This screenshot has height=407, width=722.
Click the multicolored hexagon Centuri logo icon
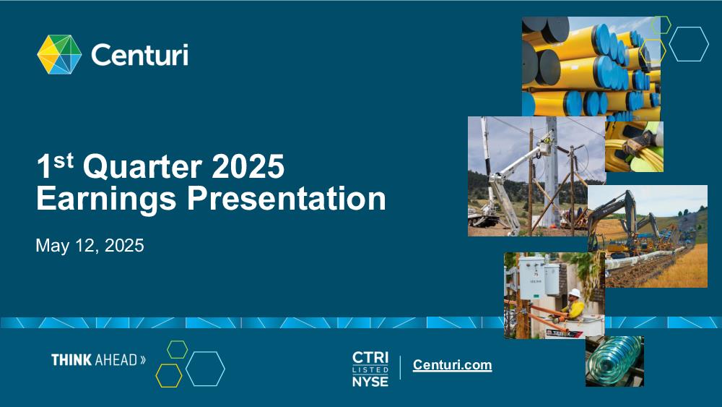click(x=59, y=54)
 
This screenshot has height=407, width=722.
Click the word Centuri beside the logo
click(x=139, y=55)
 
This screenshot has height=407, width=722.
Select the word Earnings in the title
click(x=106, y=199)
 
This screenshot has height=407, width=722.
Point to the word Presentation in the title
click(x=287, y=199)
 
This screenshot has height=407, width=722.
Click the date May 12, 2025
click(x=90, y=246)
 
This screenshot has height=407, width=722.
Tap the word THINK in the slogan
click(x=71, y=360)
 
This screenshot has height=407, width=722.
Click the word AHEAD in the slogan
click(x=116, y=360)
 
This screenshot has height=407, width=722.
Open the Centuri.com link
click(x=452, y=365)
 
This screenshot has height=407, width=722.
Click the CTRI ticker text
click(x=370, y=358)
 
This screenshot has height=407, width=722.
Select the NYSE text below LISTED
click(x=370, y=382)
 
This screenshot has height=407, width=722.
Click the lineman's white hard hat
click(x=574, y=294)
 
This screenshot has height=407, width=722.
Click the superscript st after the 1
click(x=64, y=160)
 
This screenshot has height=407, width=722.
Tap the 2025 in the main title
click(x=248, y=166)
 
